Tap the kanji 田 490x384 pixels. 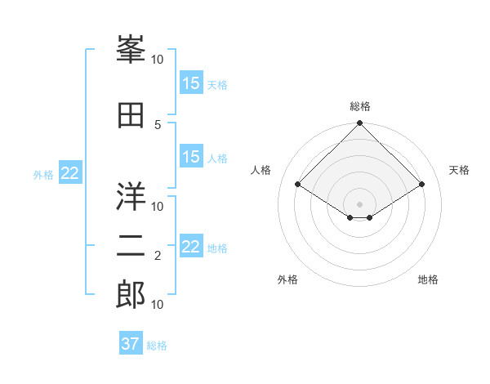[131, 116]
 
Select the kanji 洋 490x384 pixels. [131, 196]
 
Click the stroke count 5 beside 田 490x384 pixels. [158, 124]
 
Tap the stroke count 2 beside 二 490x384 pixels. [158, 256]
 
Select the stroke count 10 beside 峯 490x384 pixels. [158, 59]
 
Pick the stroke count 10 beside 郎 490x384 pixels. [158, 304]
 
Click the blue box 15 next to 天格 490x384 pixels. [191, 83]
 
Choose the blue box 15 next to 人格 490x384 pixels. [191, 158]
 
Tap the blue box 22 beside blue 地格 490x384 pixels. [191, 247]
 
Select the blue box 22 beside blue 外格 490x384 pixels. [70, 173]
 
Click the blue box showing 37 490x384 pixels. [131, 344]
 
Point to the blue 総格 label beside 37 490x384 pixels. [157, 345]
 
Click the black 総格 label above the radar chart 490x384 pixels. [359, 106]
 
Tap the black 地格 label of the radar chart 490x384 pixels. [428, 279]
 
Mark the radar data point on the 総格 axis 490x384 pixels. [359, 124]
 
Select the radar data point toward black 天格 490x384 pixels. [422, 185]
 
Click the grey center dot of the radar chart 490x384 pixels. [359, 203]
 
